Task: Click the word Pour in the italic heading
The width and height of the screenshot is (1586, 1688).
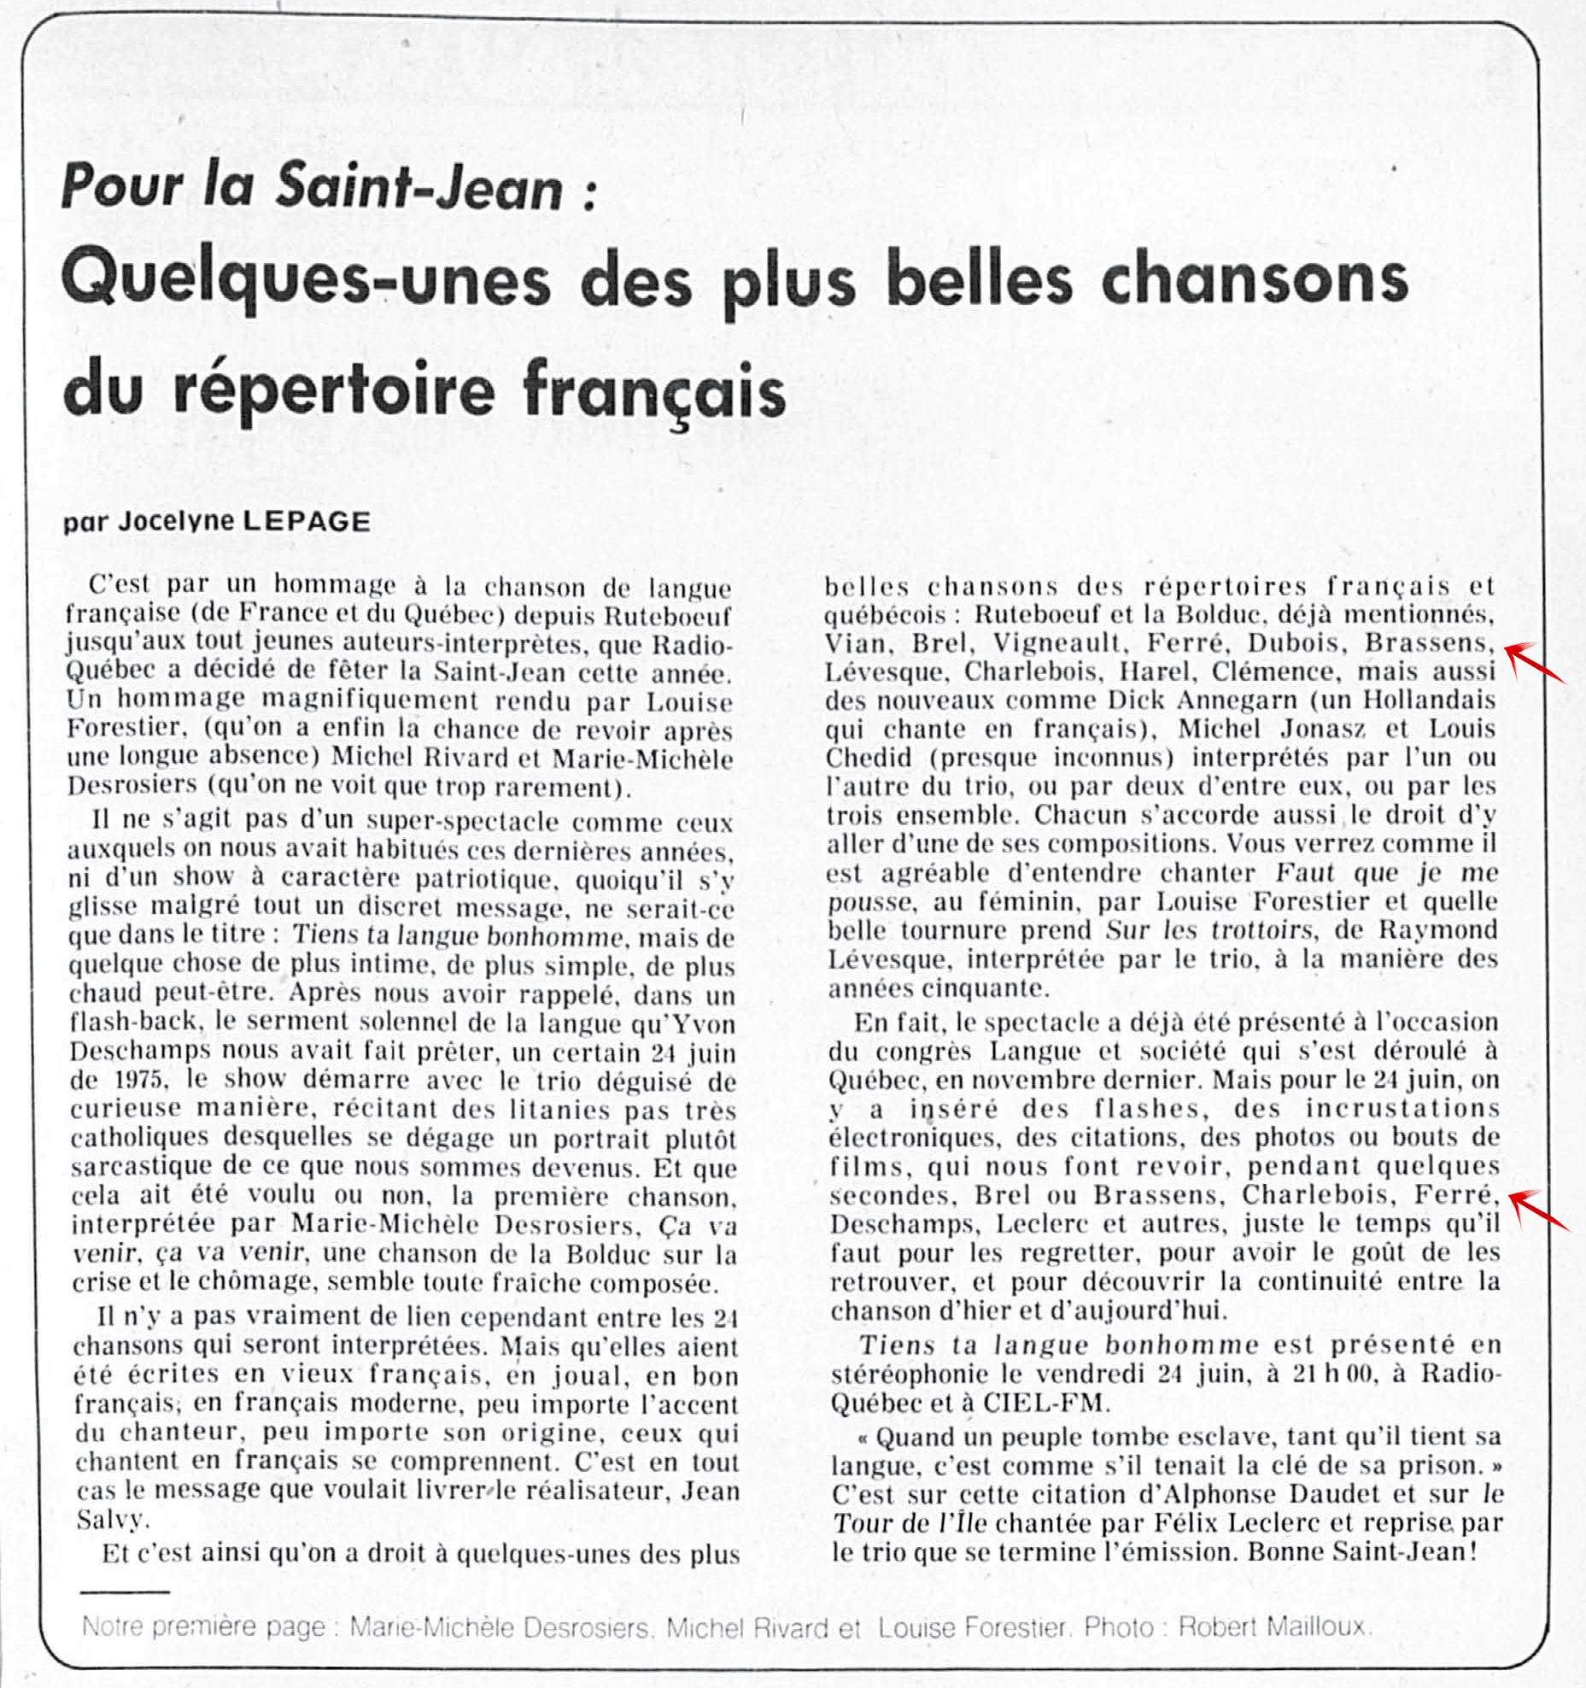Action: click(x=121, y=186)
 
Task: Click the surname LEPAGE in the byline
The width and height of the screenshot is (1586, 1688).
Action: click(x=307, y=521)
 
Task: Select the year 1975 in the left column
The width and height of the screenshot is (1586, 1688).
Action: click(x=140, y=1080)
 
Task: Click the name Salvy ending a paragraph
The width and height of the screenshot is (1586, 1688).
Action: click(x=111, y=1520)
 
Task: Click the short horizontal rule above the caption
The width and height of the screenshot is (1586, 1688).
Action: click(x=125, y=1591)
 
